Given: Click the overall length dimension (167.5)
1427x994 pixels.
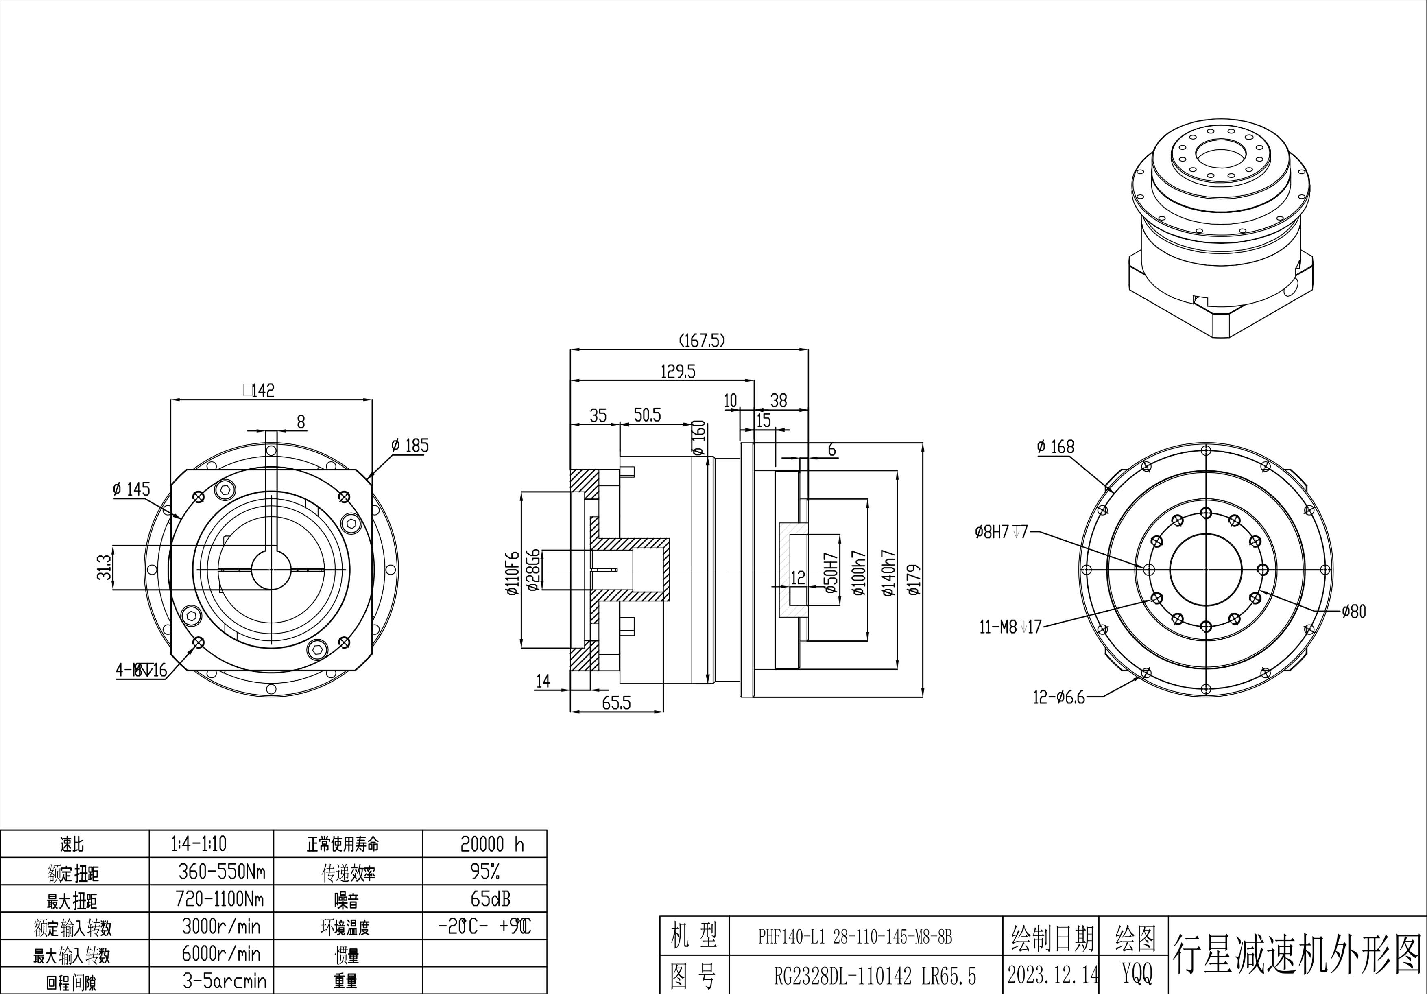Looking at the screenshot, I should pyautogui.click(x=701, y=341).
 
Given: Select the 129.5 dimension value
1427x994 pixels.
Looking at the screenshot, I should pyautogui.click(x=677, y=372).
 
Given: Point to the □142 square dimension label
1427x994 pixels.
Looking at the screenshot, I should pyautogui.click(x=259, y=390).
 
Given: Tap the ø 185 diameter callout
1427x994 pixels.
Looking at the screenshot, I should pyautogui.click(x=410, y=446).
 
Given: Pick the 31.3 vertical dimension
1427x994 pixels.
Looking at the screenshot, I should pyautogui.click(x=105, y=567).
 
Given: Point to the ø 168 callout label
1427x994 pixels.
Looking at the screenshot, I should pyautogui.click(x=1055, y=447).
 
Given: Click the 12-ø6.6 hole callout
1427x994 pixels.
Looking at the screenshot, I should pyautogui.click(x=1058, y=697).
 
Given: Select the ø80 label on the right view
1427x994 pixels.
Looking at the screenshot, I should pyautogui.click(x=1354, y=612).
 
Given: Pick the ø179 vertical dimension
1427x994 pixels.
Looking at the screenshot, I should pyautogui.click(x=914, y=579).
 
